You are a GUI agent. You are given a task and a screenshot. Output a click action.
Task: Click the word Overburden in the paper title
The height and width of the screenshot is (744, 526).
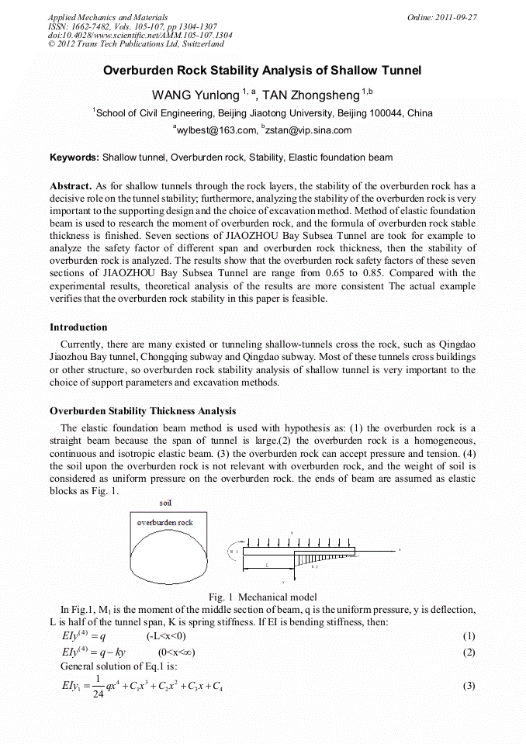click(138, 71)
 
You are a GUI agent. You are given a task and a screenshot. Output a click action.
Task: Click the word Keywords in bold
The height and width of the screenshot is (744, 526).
click(74, 157)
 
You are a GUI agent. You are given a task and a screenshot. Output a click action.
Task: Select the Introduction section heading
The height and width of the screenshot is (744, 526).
click(78, 327)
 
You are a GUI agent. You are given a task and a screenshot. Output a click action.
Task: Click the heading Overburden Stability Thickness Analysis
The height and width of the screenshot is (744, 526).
click(143, 411)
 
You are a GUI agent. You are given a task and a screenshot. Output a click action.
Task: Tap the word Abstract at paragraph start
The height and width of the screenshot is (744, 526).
click(70, 187)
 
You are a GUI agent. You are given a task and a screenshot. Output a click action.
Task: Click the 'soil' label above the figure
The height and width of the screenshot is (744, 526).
click(166, 503)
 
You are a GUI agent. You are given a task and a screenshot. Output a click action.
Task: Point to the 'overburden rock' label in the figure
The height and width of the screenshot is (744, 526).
click(165, 522)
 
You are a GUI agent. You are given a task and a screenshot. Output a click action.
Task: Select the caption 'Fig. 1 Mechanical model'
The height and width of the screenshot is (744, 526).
click(262, 597)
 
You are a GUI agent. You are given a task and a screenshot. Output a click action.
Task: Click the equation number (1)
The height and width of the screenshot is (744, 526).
click(468, 636)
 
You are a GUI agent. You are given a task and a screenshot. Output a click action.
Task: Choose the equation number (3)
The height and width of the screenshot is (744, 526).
click(468, 686)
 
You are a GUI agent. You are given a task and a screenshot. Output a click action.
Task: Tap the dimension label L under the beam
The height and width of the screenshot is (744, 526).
click(267, 566)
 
